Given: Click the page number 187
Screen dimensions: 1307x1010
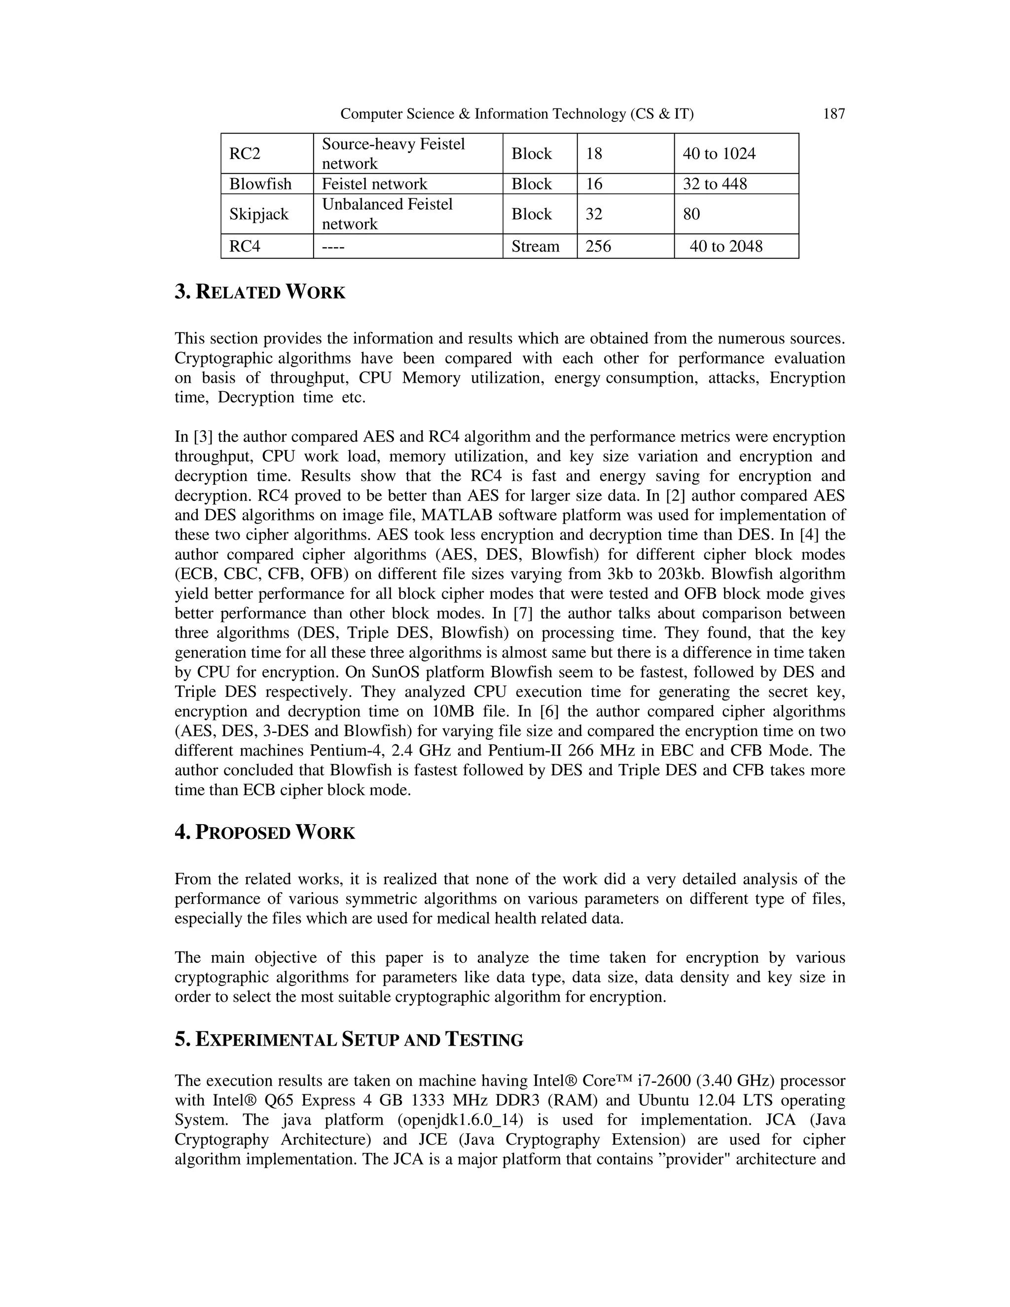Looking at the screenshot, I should (x=833, y=114).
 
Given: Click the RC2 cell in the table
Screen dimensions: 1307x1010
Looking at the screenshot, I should (x=245, y=154).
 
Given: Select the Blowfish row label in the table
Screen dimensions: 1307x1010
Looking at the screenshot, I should (x=260, y=184).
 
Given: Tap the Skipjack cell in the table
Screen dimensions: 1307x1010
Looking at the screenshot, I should (x=258, y=214).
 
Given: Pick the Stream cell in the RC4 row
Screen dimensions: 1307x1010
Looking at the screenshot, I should (x=535, y=246).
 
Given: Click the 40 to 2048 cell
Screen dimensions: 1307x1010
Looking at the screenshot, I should (x=726, y=246).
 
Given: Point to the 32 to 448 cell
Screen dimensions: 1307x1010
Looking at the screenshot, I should (x=715, y=184).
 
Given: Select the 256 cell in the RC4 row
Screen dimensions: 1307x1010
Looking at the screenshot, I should (x=598, y=246).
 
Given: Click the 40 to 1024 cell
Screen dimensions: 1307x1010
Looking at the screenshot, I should (x=719, y=154).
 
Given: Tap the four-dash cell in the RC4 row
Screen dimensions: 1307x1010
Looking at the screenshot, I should (x=333, y=246).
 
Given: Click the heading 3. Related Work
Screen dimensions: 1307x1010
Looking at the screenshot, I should (x=260, y=292).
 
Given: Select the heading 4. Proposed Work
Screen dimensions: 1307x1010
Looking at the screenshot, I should (x=265, y=833).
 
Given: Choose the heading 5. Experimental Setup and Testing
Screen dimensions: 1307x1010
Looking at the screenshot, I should (x=349, y=1040).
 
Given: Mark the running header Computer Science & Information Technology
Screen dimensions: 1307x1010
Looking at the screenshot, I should (x=517, y=114).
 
